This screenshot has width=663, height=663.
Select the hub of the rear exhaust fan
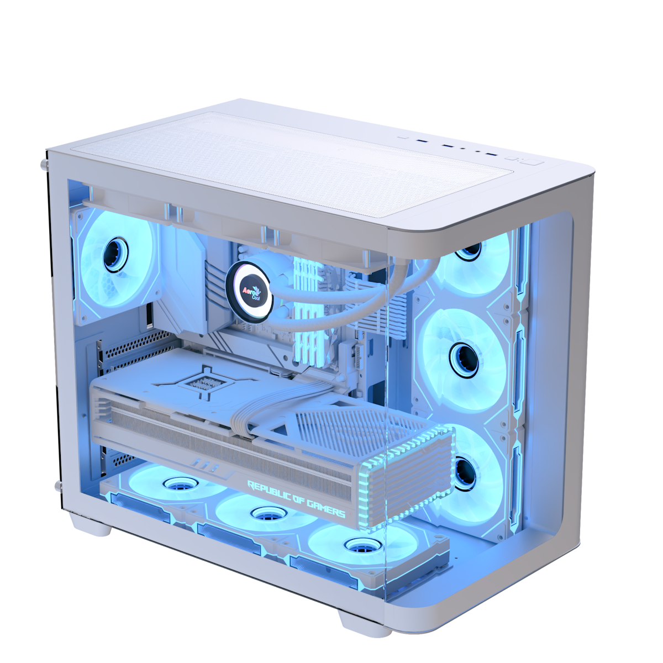(115, 255)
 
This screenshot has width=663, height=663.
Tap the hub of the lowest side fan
(464, 473)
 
